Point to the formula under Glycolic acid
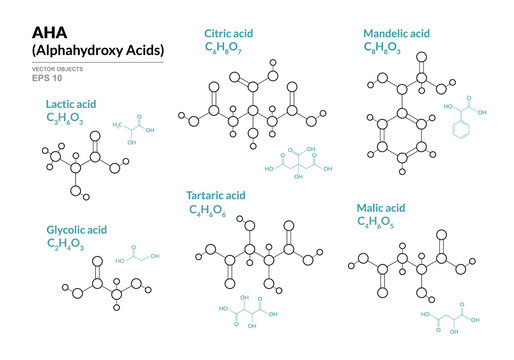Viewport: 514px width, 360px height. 66,244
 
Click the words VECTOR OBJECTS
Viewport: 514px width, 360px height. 57,70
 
